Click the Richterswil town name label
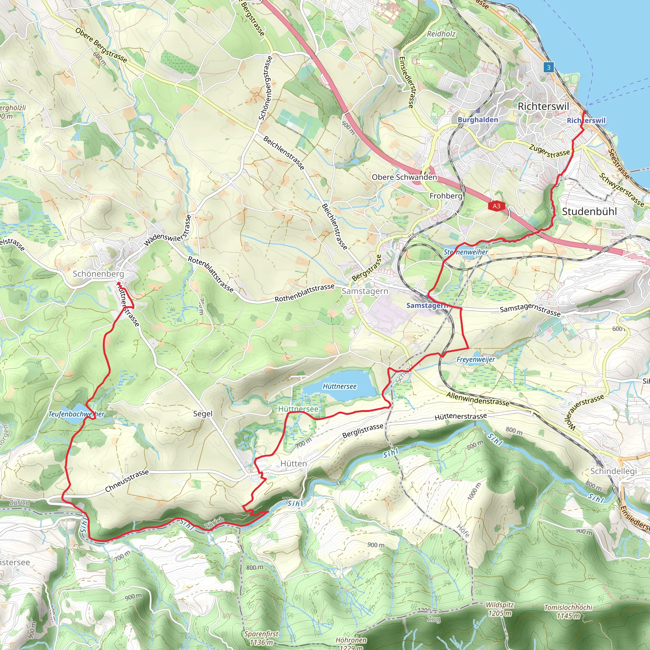(x=543, y=106)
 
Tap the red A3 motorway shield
(x=496, y=206)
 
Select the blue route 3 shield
(x=548, y=68)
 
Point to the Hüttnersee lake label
(x=340, y=386)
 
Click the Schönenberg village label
(x=98, y=274)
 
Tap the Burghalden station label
(x=478, y=120)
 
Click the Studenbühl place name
(x=589, y=212)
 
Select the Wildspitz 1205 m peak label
(x=500, y=609)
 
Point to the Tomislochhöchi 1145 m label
(x=568, y=612)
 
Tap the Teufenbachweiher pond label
(x=76, y=414)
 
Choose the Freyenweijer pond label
(x=476, y=360)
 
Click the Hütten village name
(x=294, y=464)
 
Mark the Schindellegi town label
(x=614, y=471)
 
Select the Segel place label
(x=203, y=414)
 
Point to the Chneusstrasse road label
(x=127, y=481)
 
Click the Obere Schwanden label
(x=404, y=177)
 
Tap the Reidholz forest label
(x=441, y=34)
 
